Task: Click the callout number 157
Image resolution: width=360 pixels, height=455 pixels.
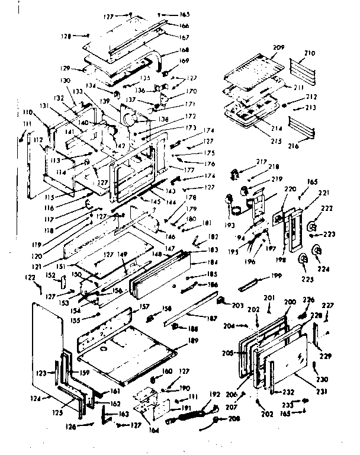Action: coord(143,307)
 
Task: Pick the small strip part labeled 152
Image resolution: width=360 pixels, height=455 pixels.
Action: coord(66,281)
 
